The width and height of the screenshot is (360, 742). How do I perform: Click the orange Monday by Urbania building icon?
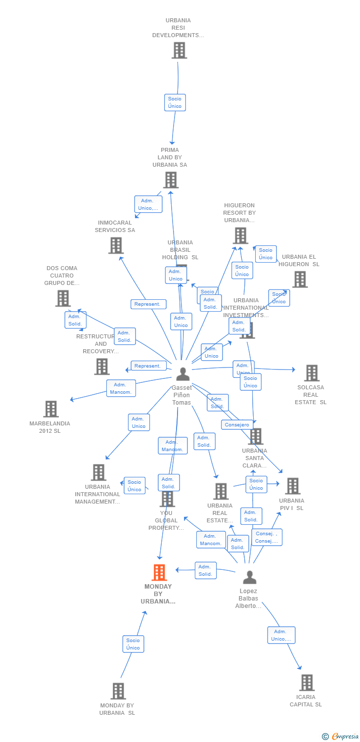pyautogui.click(x=159, y=572)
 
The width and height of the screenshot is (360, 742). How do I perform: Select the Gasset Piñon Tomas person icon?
pyautogui.click(x=183, y=374)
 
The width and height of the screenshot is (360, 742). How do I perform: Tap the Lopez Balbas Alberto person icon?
pyautogui.click(x=250, y=577)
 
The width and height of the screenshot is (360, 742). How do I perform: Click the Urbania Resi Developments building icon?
pyautogui.click(x=179, y=50)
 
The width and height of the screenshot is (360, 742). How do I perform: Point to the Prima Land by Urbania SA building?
pyautogui.click(x=171, y=180)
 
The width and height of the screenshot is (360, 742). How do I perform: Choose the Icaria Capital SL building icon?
pyautogui.click(x=307, y=683)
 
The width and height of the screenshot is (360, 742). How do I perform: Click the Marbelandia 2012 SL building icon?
pyautogui.click(x=51, y=409)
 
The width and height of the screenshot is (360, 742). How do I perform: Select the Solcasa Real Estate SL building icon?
pyautogui.click(x=312, y=373)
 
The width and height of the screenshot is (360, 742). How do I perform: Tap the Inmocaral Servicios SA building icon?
pyautogui.click(x=116, y=245)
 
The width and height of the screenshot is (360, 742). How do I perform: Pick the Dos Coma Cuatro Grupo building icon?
pyautogui.click(x=63, y=298)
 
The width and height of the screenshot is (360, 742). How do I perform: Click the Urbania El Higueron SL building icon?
pyautogui.click(x=300, y=279)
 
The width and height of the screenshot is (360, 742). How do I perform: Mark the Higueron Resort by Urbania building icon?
pyautogui.click(x=240, y=235)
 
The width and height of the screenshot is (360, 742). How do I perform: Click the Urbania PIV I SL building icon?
pyautogui.click(x=292, y=486)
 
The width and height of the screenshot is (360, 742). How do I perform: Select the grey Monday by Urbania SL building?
pyautogui.click(x=118, y=691)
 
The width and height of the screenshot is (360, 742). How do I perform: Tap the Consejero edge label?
pyautogui.click(x=237, y=424)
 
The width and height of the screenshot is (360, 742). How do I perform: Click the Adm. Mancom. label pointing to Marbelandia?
pyautogui.click(x=121, y=388)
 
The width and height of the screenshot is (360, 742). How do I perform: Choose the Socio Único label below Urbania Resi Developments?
pyautogui.click(x=175, y=102)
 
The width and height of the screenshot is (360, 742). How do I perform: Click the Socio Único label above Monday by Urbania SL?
pyautogui.click(x=133, y=644)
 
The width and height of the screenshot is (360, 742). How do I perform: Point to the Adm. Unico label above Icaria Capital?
pyautogui.click(x=281, y=635)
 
